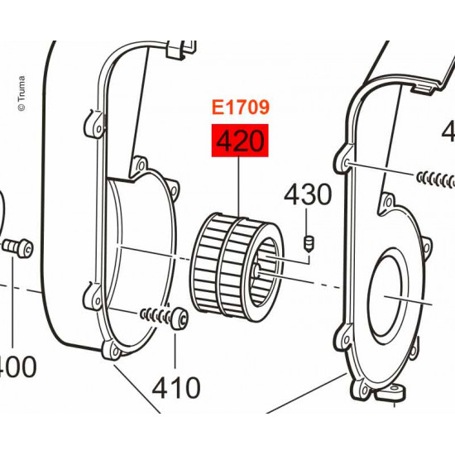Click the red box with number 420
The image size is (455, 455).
point(241,142)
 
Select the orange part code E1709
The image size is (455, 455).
point(241,108)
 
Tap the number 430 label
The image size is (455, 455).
point(308,195)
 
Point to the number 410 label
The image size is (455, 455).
point(175,386)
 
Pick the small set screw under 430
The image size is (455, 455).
point(309,242)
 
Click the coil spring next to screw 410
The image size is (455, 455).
point(153,314)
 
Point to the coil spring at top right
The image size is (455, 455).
point(437,178)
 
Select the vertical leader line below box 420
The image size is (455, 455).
point(240,185)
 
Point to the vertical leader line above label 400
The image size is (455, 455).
point(14,306)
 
